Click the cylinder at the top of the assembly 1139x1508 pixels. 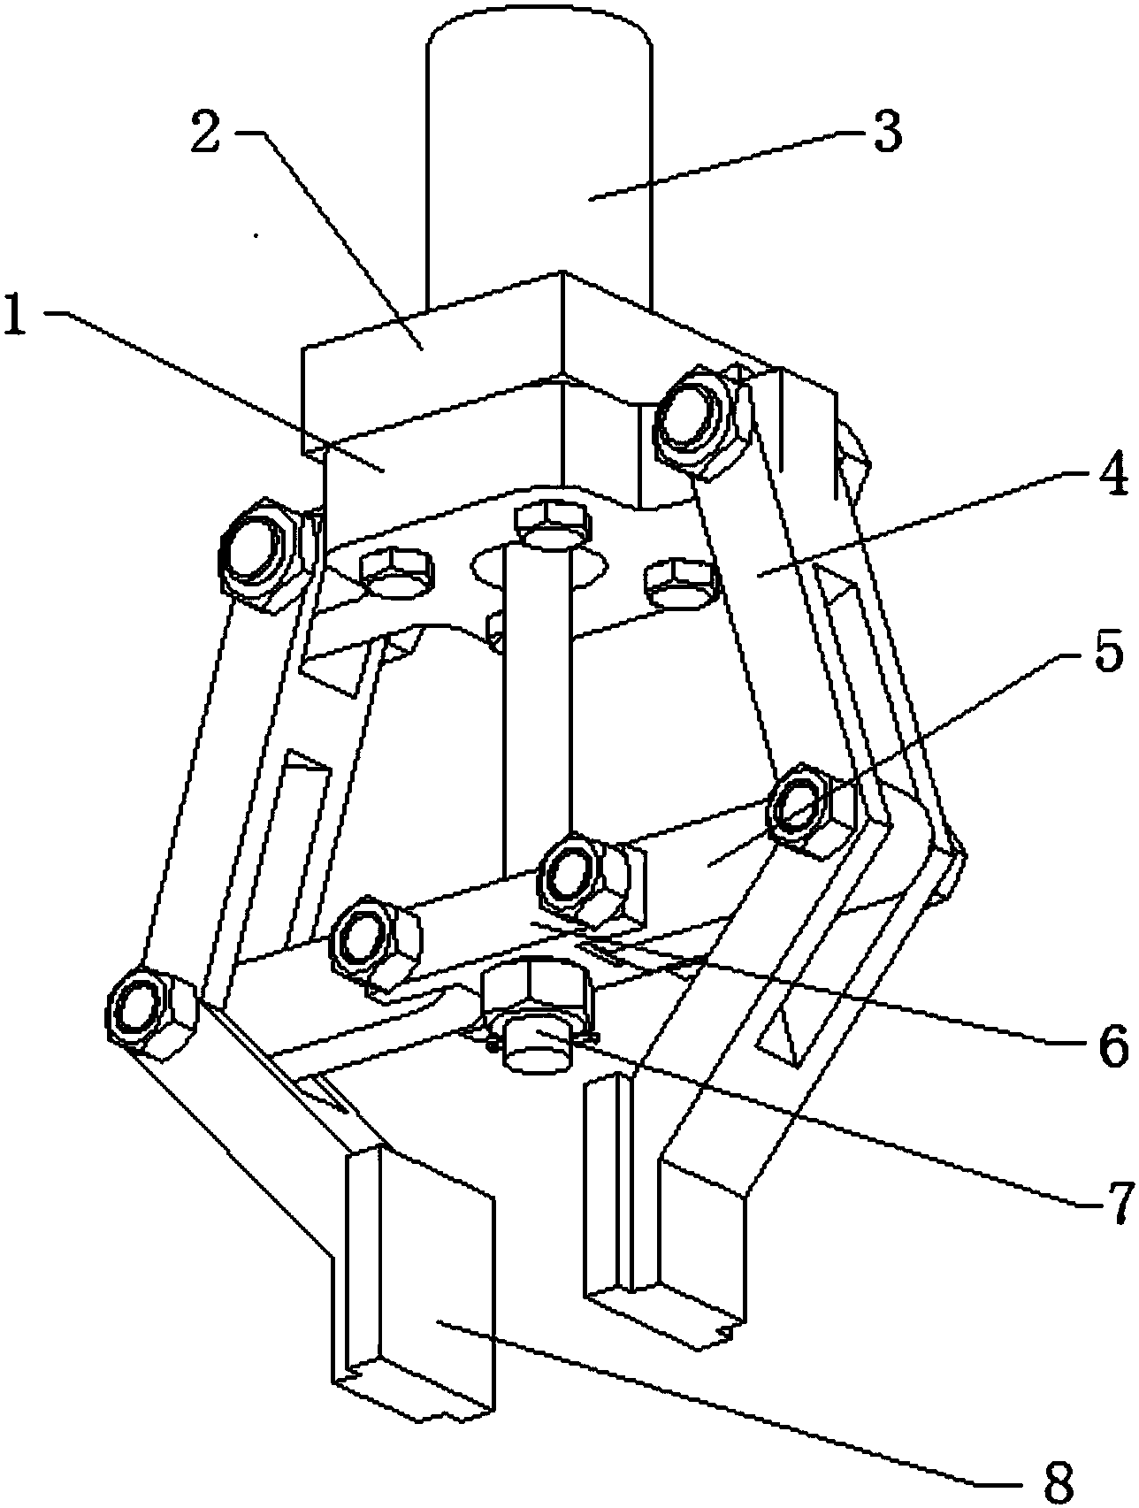coord(539,159)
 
